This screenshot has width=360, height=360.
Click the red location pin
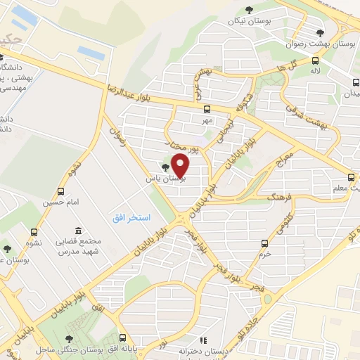pyautogui.click(x=181, y=165)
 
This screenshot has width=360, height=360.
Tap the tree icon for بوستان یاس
pyautogui.click(x=165, y=167)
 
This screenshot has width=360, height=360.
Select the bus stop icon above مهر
pyautogui.click(x=207, y=109)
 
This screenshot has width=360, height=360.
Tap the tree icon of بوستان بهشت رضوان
pyautogui.click(x=320, y=32)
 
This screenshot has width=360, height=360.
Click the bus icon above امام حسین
pyautogui.click(x=61, y=191)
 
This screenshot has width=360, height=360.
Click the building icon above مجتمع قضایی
pyautogui.click(x=77, y=231)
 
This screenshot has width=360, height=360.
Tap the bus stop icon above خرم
pyautogui.click(x=264, y=244)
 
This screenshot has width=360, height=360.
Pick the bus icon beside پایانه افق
pyautogui.click(x=122, y=337)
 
